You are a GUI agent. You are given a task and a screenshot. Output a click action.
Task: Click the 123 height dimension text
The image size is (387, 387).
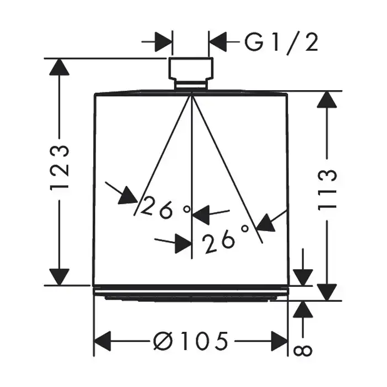click(60, 168)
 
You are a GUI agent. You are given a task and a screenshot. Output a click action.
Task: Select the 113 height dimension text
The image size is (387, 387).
click(327, 189)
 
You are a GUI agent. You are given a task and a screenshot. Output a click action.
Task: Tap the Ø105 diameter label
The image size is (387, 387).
click(191, 341)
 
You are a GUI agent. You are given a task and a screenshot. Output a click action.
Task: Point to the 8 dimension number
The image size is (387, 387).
click(303, 350)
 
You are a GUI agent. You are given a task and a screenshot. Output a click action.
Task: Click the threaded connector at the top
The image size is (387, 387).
click(191, 74)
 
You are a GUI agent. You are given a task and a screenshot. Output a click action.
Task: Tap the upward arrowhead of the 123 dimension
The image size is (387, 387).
click(59, 67)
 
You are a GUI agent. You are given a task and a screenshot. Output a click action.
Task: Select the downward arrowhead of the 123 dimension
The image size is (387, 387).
click(59, 277)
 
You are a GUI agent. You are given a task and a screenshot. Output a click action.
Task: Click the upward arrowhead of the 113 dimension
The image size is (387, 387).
click(327, 99)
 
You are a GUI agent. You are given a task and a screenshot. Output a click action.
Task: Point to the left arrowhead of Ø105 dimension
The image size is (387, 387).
click(102, 341)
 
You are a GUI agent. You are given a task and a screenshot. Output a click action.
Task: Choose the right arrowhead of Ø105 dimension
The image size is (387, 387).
click(279, 341)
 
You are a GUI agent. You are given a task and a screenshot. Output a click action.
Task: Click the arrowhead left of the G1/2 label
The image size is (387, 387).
click(218, 41)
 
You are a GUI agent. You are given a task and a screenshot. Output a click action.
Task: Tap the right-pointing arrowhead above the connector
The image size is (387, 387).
click(164, 41)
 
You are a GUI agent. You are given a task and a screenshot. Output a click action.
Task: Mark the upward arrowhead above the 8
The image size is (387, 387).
click(303, 309)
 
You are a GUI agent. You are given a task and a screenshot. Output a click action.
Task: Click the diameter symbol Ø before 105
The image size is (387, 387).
click(163, 341)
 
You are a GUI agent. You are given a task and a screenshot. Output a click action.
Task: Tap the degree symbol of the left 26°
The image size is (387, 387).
click(187, 210)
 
